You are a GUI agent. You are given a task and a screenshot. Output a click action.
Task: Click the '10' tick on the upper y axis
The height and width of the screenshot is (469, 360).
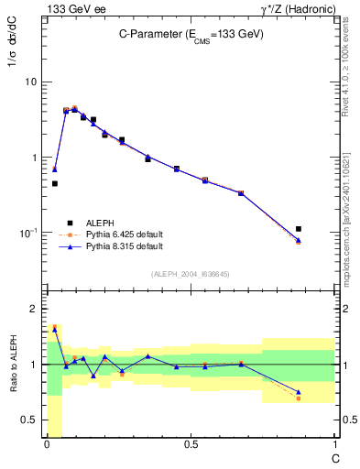click(30, 82)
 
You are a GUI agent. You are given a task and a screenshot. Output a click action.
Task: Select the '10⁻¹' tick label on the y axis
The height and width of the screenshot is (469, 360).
click(27, 233)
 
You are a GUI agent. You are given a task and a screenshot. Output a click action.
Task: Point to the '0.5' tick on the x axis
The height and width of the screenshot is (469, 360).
click(190, 444)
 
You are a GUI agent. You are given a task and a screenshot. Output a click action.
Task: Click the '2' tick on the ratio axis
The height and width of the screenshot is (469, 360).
click(35, 309)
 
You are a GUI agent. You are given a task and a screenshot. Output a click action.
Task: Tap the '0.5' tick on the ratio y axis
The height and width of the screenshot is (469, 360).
click(30, 420)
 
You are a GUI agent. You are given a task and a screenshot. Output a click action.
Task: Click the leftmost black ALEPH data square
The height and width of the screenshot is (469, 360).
click(55, 183)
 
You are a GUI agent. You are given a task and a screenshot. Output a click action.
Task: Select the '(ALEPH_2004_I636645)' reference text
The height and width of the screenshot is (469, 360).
click(191, 274)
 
